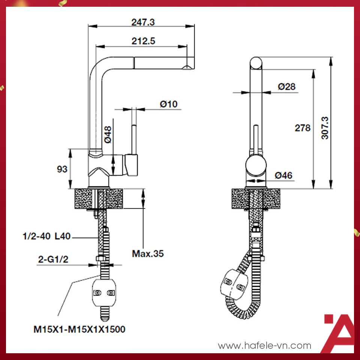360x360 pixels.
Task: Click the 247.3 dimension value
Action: point(143,22)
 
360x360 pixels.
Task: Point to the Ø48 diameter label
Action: point(108,134)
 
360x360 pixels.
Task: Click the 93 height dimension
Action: point(62,169)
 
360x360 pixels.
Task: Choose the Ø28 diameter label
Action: point(286,87)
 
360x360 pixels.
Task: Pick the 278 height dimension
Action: point(302,128)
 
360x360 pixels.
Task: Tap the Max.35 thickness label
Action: point(148,253)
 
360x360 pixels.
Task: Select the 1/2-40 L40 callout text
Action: point(47,237)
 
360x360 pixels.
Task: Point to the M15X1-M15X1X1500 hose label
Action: point(79,330)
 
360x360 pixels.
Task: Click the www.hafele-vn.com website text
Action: point(264,345)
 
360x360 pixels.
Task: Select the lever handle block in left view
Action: point(132,165)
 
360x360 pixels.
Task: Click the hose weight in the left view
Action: point(104,292)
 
